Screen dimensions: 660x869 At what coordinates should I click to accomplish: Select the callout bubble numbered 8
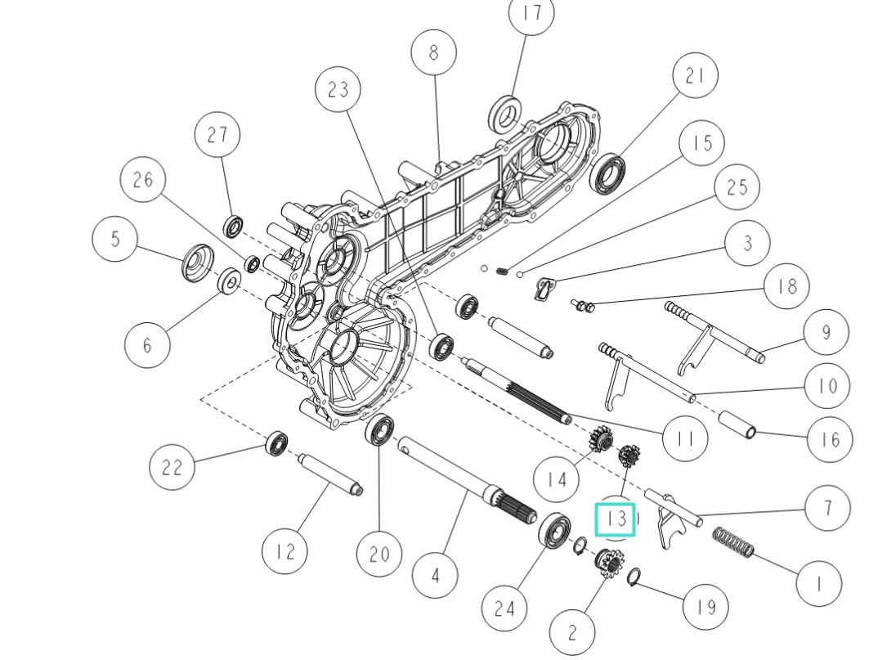pyautogui.click(x=433, y=52)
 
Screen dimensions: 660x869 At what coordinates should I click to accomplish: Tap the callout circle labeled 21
pyautogui.click(x=695, y=76)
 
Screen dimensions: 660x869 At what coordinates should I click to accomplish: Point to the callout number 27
pyautogui.click(x=217, y=135)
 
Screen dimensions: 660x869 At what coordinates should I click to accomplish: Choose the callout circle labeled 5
pyautogui.click(x=115, y=239)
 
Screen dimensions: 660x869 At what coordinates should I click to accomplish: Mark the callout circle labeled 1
pyautogui.click(x=819, y=582)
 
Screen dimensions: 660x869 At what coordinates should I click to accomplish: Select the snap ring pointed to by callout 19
pyautogui.click(x=634, y=579)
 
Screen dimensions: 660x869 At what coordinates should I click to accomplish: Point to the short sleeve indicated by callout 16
pyautogui.click(x=738, y=425)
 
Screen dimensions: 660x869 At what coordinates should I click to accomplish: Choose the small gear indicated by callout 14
pyautogui.click(x=600, y=443)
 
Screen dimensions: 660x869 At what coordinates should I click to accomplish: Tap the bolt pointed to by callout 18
pyautogui.click(x=584, y=307)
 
